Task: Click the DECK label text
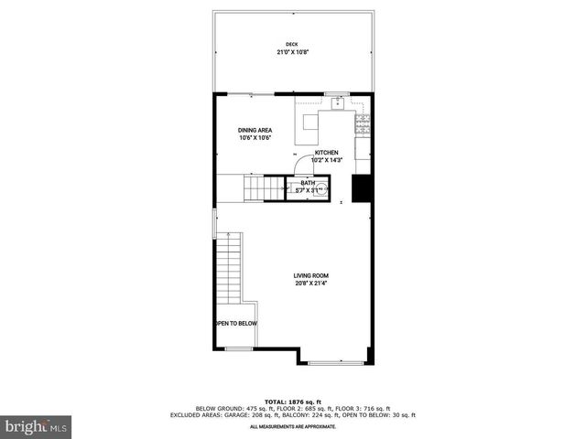291,44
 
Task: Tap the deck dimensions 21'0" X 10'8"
291,52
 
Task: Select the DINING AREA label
255,131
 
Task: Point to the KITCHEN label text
327,152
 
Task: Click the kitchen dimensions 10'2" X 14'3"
327,160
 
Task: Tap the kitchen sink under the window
337,102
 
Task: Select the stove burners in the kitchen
363,119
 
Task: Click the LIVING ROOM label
310,275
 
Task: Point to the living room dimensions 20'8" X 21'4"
310,284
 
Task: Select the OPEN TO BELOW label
236,324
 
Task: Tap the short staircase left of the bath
264,188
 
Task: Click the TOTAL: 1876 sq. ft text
293,402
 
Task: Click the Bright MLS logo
37,426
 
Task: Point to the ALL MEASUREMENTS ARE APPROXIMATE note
293,426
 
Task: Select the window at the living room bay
335,363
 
